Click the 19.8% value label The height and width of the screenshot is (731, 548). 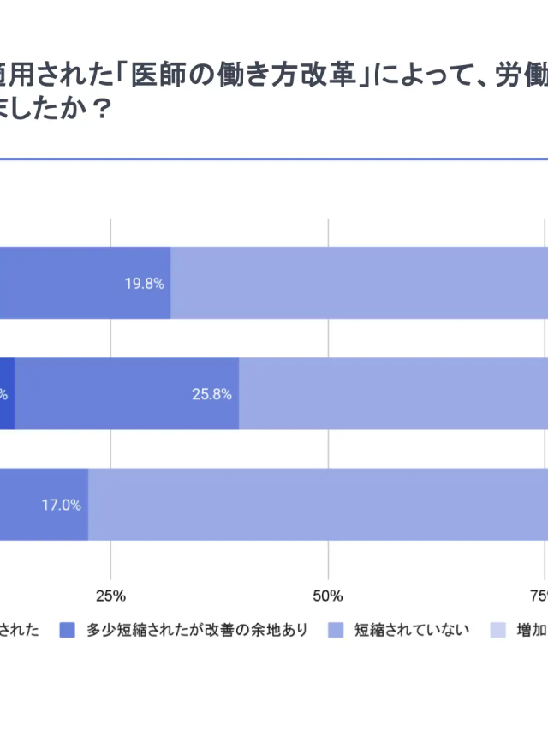144,284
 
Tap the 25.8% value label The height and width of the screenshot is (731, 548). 211,394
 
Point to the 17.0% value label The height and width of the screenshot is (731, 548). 61,505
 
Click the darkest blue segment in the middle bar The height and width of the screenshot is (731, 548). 7,394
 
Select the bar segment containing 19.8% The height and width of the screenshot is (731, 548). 86,284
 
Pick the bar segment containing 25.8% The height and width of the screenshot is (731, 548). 127,394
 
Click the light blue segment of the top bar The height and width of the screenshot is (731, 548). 360,284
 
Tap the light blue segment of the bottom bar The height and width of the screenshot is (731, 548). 317,505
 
